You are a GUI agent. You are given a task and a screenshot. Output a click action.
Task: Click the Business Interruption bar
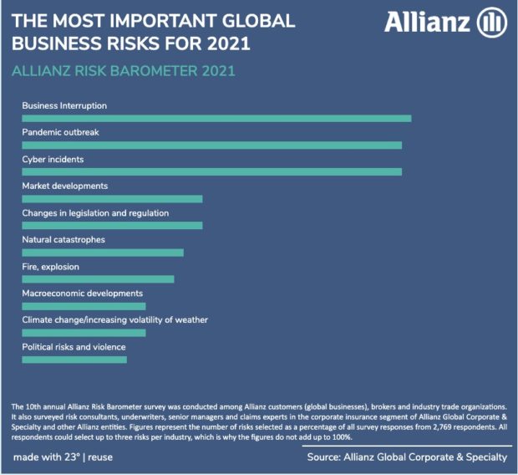coord(216,119)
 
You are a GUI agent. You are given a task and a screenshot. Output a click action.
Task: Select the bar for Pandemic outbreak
coord(211,146)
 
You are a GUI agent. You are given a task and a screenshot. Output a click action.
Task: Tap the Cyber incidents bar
coord(211,172)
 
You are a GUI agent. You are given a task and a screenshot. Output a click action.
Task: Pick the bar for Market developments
coord(112,199)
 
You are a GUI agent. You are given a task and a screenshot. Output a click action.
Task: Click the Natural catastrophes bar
coord(102,253)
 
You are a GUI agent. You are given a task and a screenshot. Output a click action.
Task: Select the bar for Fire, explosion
coord(98,279)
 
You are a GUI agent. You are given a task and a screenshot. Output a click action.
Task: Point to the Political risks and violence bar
coord(74,360)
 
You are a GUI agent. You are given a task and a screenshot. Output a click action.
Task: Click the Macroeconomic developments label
coord(83,294)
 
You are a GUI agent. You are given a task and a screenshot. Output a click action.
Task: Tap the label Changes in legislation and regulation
coord(95,213)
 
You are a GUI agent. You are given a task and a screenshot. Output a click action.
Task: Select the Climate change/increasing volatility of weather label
coord(114,320)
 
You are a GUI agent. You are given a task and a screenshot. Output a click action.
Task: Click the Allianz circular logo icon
coord(491,23)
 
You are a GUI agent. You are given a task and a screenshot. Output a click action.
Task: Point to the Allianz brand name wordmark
coord(427,23)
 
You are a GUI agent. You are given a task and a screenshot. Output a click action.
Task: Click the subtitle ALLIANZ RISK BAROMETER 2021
coord(124,71)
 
